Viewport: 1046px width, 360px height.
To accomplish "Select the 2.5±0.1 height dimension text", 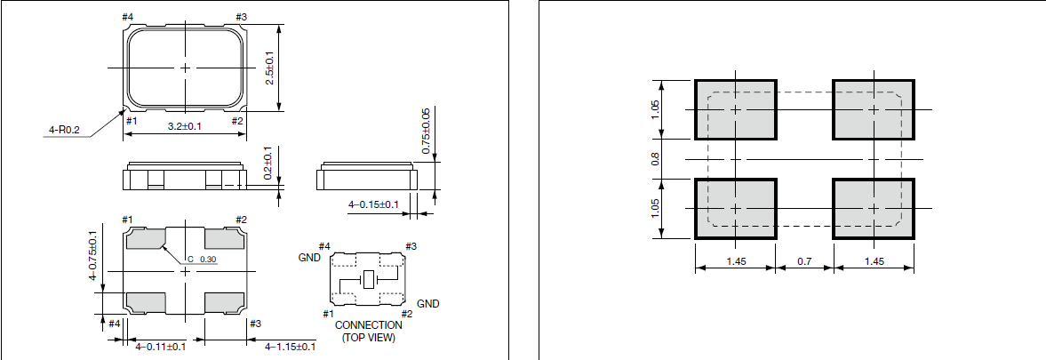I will (x=270, y=68).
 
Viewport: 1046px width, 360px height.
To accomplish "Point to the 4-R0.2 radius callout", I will (x=63, y=131).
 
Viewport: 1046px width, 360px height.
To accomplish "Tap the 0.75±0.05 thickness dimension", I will (x=425, y=132).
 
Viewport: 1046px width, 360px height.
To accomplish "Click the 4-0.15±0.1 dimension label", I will (x=372, y=204).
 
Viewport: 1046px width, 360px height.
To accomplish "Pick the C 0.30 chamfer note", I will (x=202, y=260).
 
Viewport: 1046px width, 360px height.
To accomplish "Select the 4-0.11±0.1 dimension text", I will (x=160, y=346).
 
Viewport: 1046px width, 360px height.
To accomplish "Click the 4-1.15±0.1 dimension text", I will (x=290, y=346).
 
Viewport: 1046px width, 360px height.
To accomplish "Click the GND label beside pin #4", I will (x=308, y=258).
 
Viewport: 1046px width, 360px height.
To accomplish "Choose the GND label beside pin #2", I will (x=427, y=304).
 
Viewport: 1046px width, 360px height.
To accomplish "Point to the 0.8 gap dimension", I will (x=655, y=159).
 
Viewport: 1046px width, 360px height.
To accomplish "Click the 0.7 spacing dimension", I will (x=804, y=262).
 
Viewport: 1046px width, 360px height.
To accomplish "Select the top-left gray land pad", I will (x=735, y=109).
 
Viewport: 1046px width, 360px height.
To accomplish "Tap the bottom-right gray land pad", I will (x=874, y=209).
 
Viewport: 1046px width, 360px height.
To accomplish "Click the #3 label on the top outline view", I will (x=242, y=17).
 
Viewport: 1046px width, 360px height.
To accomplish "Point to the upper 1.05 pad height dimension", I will (x=655, y=109).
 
